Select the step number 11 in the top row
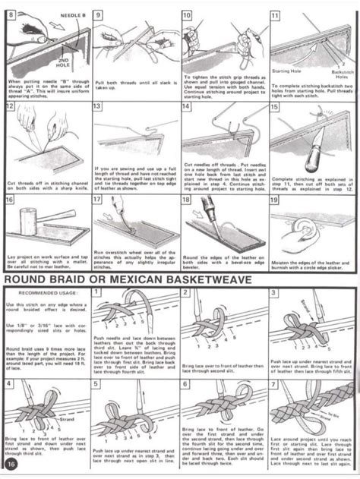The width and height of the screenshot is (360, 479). pyautogui.click(x=275, y=14)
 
